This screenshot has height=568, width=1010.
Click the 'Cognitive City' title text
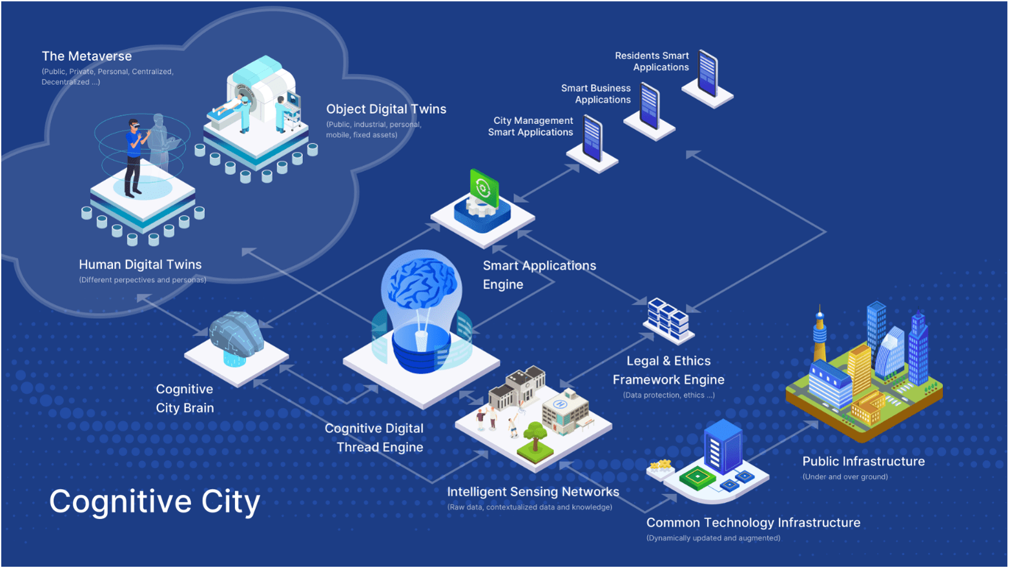(x=154, y=502)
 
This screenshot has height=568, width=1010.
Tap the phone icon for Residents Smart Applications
(x=708, y=74)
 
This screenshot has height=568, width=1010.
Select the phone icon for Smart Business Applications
(x=649, y=107)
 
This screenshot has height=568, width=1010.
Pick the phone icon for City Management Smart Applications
(x=592, y=138)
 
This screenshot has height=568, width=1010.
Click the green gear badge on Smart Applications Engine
(x=484, y=187)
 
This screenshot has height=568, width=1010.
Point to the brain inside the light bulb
(x=421, y=284)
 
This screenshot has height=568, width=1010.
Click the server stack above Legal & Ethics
(x=668, y=318)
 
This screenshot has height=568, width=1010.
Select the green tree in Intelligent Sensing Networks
(x=535, y=434)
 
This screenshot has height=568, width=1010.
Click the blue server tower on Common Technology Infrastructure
(x=723, y=447)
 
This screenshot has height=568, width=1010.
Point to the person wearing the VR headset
(x=134, y=157)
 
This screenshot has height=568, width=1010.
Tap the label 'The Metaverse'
(x=87, y=56)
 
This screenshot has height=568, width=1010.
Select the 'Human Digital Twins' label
(x=140, y=265)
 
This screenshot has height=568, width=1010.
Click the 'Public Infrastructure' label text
(x=863, y=462)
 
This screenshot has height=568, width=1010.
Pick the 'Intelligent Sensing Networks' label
(x=533, y=492)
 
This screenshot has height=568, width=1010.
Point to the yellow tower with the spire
(x=819, y=336)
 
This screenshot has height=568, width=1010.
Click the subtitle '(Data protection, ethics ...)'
(x=668, y=395)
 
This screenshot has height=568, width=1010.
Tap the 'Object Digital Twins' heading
(x=386, y=109)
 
